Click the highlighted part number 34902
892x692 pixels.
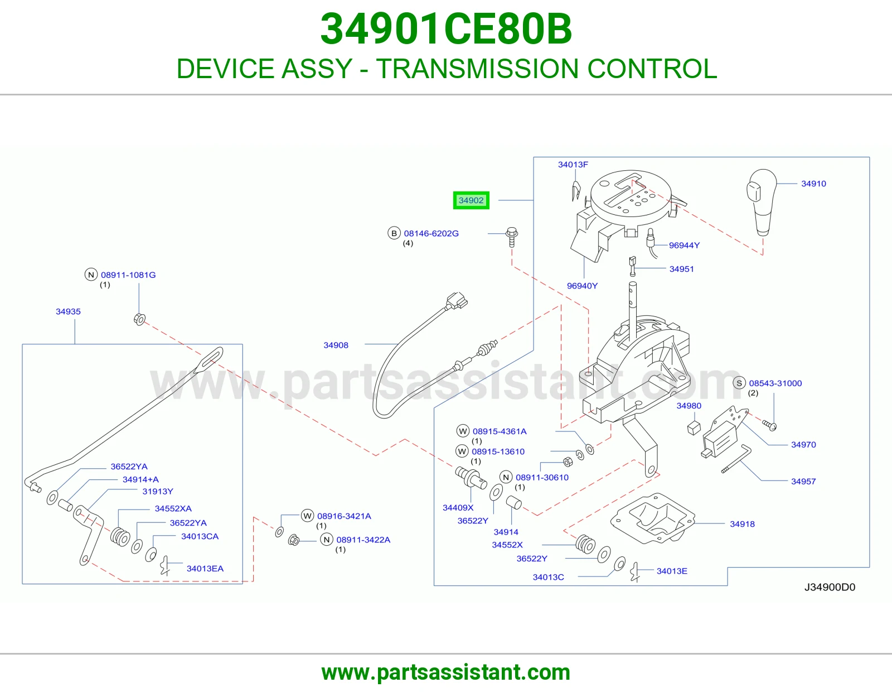[471, 200]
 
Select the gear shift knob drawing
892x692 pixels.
[762, 203]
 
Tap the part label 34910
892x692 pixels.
[813, 184]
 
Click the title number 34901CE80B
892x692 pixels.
[446, 29]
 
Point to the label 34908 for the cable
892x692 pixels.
[336, 345]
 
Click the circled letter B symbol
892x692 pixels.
[394, 233]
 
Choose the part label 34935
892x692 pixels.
[68, 311]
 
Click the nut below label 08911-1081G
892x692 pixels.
[139, 319]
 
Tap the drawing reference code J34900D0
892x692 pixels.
[830, 587]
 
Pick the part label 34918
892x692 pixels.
[742, 524]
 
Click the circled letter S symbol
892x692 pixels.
[739, 383]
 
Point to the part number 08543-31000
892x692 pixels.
[775, 383]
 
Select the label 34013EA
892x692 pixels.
[205, 569]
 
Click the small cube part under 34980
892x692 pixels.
[694, 427]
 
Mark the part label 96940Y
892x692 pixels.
[582, 286]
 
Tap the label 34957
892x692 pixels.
[803, 482]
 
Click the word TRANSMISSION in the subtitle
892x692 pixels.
[477, 69]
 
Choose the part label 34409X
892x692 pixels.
[458, 508]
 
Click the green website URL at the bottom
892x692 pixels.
[446, 672]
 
